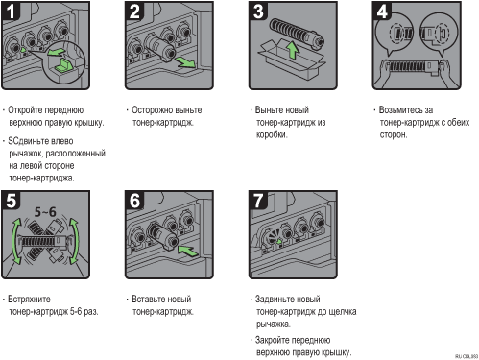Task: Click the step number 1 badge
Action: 11,12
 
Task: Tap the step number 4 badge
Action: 382,12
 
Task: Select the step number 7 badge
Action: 258,201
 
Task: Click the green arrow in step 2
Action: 185,62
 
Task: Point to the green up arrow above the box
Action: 292,50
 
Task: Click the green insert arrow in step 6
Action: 188,251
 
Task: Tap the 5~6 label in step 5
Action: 45,212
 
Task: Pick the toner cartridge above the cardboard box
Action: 297,33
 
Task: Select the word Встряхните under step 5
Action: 29,300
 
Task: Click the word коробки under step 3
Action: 272,134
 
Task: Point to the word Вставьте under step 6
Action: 147,300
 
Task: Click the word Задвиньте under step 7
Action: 275,300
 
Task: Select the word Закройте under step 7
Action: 273,340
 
